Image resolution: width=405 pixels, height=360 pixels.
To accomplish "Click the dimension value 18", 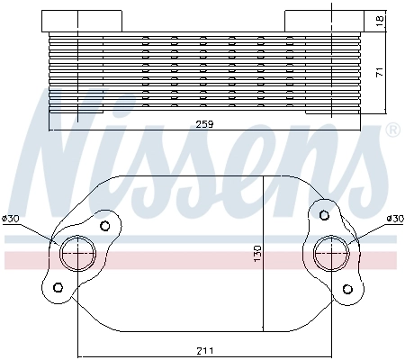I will coord(382,19).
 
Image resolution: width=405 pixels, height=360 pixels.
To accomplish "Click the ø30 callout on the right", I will coord(393,219).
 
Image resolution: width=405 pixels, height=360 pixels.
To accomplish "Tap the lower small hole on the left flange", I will coord(58,288).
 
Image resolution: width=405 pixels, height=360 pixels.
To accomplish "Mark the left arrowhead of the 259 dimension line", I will coord(52,130).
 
